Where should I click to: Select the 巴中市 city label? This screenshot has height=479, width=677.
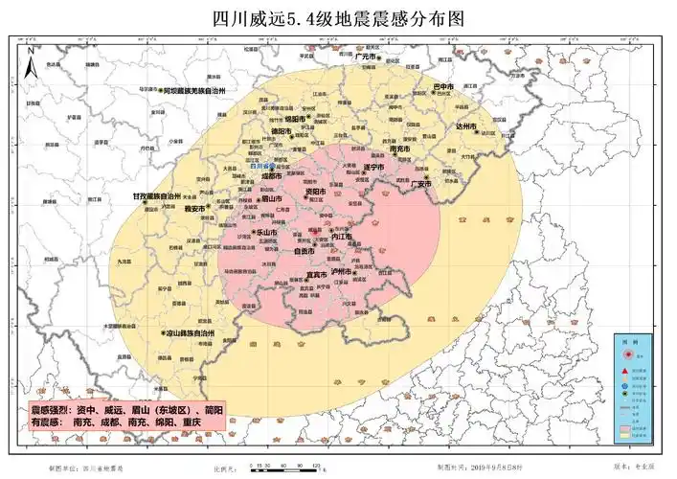[x=443, y=87]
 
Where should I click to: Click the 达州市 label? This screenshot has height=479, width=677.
[x=466, y=125]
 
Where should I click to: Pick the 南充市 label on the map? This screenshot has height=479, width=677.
[x=401, y=149]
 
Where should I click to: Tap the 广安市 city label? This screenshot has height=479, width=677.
[x=422, y=184]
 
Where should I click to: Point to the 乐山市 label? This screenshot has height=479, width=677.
[x=267, y=233]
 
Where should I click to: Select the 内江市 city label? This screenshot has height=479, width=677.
[x=342, y=236]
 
